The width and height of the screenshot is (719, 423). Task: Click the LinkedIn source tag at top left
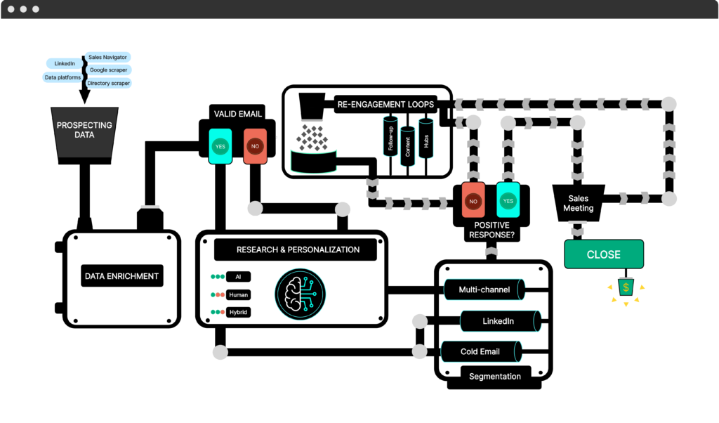pos(65,64)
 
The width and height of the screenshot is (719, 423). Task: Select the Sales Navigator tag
pos(108,57)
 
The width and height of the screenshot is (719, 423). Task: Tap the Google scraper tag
pos(108,70)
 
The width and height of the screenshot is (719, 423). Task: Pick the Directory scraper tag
pos(109,84)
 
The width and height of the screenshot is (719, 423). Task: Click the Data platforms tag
pos(62,77)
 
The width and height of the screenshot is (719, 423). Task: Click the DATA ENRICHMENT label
pos(121,276)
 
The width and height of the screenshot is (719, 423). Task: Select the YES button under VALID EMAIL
pos(220,146)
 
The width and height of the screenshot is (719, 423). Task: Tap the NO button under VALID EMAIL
pos(254,146)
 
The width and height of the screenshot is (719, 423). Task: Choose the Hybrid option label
pos(238,312)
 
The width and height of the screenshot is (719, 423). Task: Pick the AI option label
pos(238,278)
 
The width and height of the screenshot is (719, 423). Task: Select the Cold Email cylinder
pos(480,351)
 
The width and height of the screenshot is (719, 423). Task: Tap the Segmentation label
pos(495,376)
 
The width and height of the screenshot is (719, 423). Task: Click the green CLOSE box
pos(603,254)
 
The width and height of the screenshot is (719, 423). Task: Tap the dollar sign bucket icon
pos(625,287)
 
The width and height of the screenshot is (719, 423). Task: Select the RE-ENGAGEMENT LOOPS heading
pos(385,105)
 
